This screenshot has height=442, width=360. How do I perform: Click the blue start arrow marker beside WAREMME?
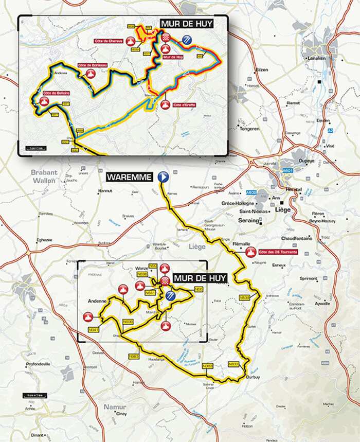164,177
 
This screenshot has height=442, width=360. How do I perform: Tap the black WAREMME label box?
130,178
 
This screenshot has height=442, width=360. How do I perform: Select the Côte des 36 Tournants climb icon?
251,252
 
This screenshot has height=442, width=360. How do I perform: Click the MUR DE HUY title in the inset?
186,24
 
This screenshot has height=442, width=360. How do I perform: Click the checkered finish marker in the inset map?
166,38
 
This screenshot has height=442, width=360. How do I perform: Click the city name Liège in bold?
282,209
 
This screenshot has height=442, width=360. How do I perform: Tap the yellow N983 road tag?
134,356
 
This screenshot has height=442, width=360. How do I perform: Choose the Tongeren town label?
249,129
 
